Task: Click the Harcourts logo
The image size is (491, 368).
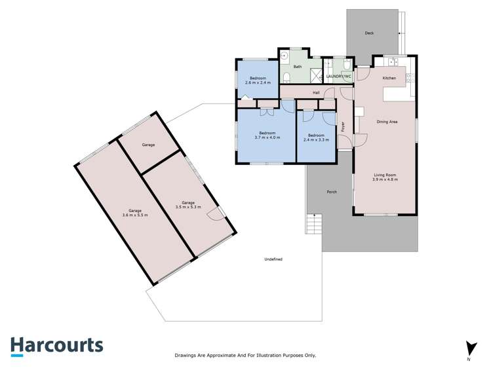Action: click(x=56, y=346)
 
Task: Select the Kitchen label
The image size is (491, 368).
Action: click(x=389, y=79)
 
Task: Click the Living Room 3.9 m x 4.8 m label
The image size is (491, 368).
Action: click(x=386, y=177)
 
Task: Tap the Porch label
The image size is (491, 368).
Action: click(x=332, y=192)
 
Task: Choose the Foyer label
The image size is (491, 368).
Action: click(x=343, y=127)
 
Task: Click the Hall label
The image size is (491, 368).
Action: click(x=316, y=92)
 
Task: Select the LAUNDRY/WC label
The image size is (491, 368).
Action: click(x=339, y=77)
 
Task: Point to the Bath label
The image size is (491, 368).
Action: click(x=298, y=67)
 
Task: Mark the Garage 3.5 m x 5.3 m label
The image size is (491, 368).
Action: click(x=188, y=205)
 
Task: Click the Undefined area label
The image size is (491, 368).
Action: click(x=273, y=259)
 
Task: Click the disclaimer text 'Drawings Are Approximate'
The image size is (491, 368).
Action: click(x=245, y=355)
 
